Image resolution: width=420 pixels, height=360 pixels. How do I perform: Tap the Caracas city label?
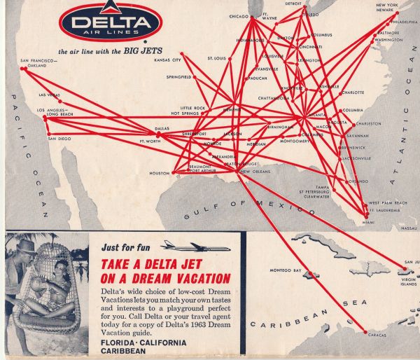click(x=378, y=335)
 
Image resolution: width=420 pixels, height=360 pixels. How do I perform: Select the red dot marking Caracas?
click(x=364, y=330)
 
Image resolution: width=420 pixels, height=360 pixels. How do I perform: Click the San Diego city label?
click(x=59, y=139)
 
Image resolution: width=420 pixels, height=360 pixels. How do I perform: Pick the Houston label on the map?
click(x=160, y=173)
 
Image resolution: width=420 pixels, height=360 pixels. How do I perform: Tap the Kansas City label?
click(x=167, y=60)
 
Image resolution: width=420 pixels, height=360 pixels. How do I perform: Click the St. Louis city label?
click(x=216, y=58)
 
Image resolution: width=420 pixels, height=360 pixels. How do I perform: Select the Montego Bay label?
click(x=286, y=270)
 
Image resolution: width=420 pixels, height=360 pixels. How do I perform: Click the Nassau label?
click(x=409, y=228)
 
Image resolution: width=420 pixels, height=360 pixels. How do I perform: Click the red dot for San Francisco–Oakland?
click(x=23, y=68)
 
